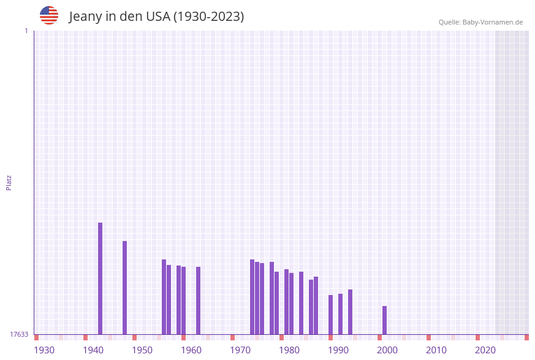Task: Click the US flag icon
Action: tap(49, 15)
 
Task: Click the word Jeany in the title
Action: tap(86, 17)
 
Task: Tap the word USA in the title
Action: tap(157, 17)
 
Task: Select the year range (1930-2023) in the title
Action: tap(208, 17)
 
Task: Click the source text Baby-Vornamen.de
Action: tap(492, 22)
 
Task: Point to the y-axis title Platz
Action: tap(9, 182)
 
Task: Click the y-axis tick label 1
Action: tap(26, 31)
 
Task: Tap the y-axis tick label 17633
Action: tap(19, 334)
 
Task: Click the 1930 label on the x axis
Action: tap(44, 350)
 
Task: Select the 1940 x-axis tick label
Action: tap(93, 350)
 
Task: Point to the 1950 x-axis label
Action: tap(142, 350)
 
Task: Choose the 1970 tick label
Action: tap(240, 350)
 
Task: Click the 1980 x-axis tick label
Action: tap(289, 350)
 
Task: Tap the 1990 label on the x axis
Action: tap(338, 350)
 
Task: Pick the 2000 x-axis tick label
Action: tap(387, 350)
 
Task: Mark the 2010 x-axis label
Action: tap(436, 350)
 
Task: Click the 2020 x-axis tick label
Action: tap(485, 350)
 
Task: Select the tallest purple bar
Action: tap(101, 278)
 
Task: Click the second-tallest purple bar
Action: tap(125, 288)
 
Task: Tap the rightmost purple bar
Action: tap(385, 320)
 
